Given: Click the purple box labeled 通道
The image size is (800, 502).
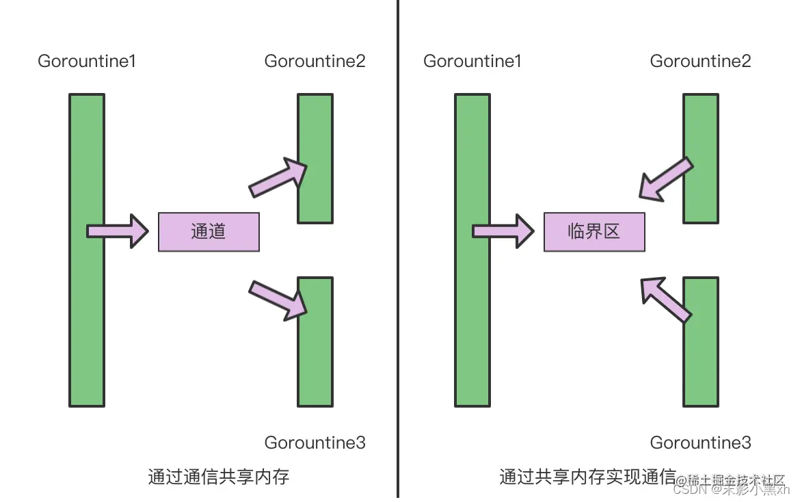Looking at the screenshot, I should click(209, 232).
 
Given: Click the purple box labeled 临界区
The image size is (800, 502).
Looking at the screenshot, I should click(594, 232).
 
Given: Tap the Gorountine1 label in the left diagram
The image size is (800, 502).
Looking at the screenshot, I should click(87, 62).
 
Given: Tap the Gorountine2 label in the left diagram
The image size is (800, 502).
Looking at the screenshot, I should click(315, 62).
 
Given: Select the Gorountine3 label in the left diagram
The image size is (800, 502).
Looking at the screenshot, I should click(315, 442).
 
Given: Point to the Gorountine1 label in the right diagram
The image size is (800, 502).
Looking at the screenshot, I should click(472, 62).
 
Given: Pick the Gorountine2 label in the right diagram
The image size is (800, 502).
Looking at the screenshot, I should click(701, 62).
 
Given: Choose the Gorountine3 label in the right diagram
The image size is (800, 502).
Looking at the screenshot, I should click(701, 442).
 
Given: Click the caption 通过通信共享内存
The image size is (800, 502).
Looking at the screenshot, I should click(219, 477).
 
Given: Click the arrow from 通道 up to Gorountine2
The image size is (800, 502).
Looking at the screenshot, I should click(278, 177).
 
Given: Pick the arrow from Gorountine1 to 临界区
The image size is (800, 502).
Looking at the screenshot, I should click(503, 231).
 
